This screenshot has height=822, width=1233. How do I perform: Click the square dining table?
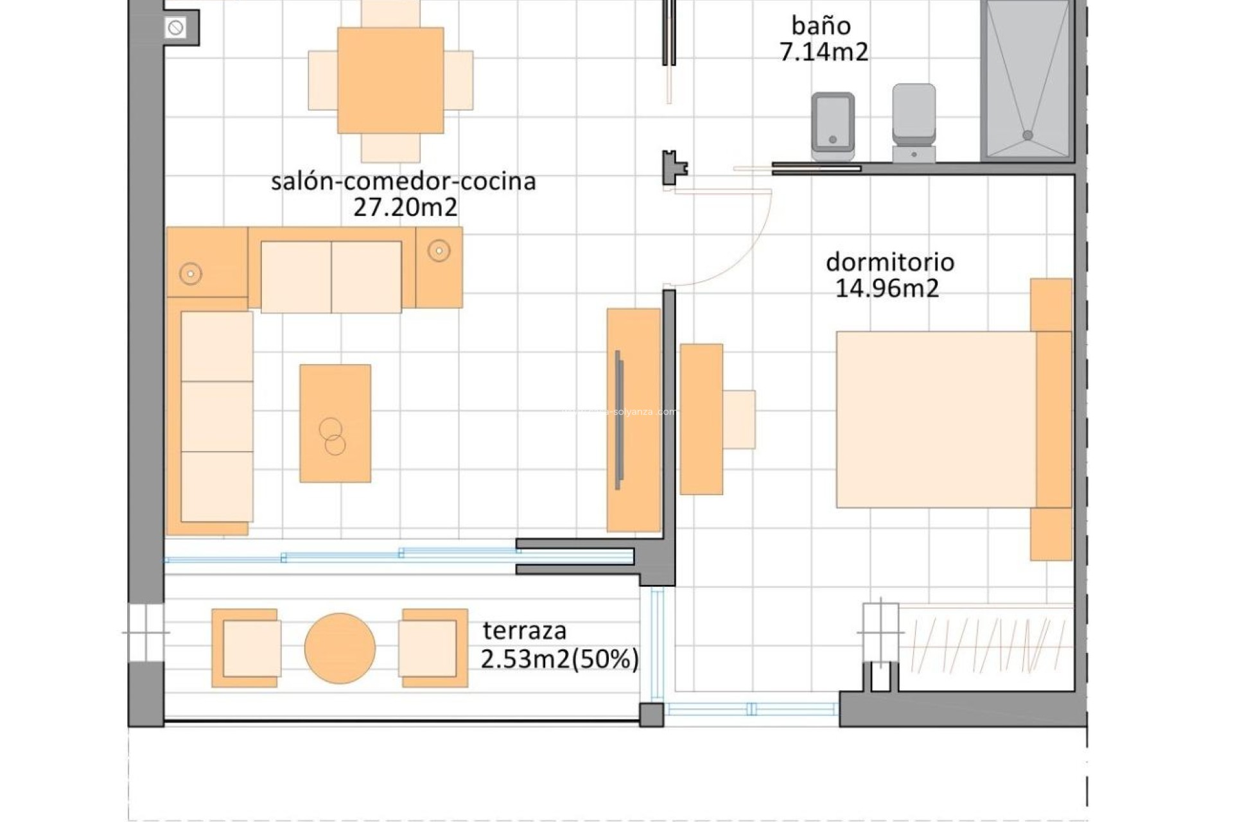tap(390, 80)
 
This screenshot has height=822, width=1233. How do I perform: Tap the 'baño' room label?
tap(821, 26)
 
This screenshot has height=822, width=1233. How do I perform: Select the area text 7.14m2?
tap(824, 52)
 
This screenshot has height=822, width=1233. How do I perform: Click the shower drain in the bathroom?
tap(1027, 135)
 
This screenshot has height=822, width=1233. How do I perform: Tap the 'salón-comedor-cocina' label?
tap(403, 181)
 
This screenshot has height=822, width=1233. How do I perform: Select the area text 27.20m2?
tap(405, 207)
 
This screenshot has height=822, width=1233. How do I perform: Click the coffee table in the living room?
tap(335, 423)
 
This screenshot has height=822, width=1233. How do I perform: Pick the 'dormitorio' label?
tap(889, 262)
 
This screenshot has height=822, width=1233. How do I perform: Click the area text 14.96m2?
tap(887, 288)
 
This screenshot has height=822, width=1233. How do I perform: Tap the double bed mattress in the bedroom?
tap(935, 419)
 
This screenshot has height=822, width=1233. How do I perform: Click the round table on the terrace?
tap(340, 648)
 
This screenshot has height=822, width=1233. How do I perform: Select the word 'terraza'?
tap(525, 631)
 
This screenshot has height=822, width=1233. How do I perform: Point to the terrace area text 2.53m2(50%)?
tap(559, 659)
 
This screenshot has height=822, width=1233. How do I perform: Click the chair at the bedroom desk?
tap(739, 419)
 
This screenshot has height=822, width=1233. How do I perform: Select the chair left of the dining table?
tap(322, 80)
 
